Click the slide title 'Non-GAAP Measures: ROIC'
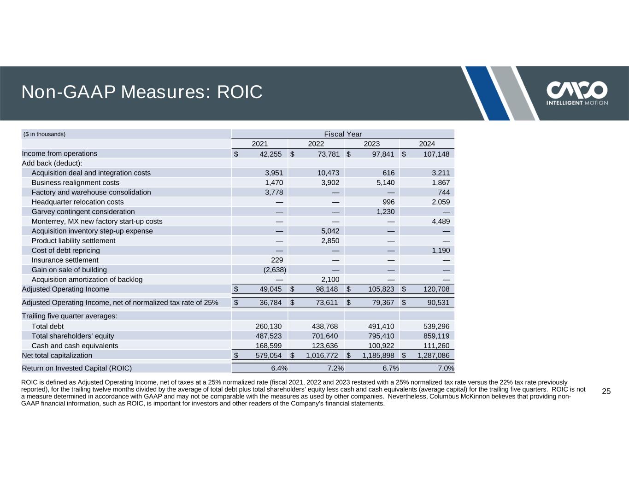(x=142, y=93)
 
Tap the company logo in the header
(x=576, y=94)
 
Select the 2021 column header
(x=259, y=144)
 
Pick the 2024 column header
(x=427, y=144)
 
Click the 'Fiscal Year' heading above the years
(x=343, y=134)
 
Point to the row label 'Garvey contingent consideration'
(x=83, y=211)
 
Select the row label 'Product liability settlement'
(x=73, y=240)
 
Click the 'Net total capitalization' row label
(x=57, y=355)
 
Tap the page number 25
(x=606, y=392)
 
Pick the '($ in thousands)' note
(x=45, y=134)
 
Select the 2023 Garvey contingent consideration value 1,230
(x=383, y=211)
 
